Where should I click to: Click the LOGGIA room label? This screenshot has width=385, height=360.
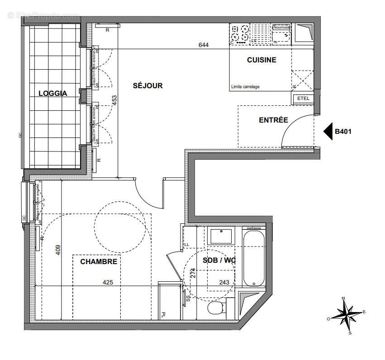click(52, 94)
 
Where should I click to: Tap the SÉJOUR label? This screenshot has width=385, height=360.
click(147, 85)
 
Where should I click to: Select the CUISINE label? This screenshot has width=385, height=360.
click(261, 60)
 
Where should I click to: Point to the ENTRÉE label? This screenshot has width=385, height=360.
click(273, 120)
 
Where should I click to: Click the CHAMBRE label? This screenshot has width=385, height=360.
click(99, 261)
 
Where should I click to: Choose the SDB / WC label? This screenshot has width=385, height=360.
click(219, 261)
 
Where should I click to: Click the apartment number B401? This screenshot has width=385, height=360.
click(343, 132)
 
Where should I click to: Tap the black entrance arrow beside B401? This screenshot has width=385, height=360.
click(328, 132)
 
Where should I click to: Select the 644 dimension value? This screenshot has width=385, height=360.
click(204, 45)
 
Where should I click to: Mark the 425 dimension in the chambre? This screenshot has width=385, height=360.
click(108, 282)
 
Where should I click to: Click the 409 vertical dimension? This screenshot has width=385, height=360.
click(58, 250)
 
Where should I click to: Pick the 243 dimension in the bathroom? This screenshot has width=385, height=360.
click(224, 282)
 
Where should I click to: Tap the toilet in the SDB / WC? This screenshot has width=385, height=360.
click(217, 309)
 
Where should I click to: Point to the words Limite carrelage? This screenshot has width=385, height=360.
click(245, 87)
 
